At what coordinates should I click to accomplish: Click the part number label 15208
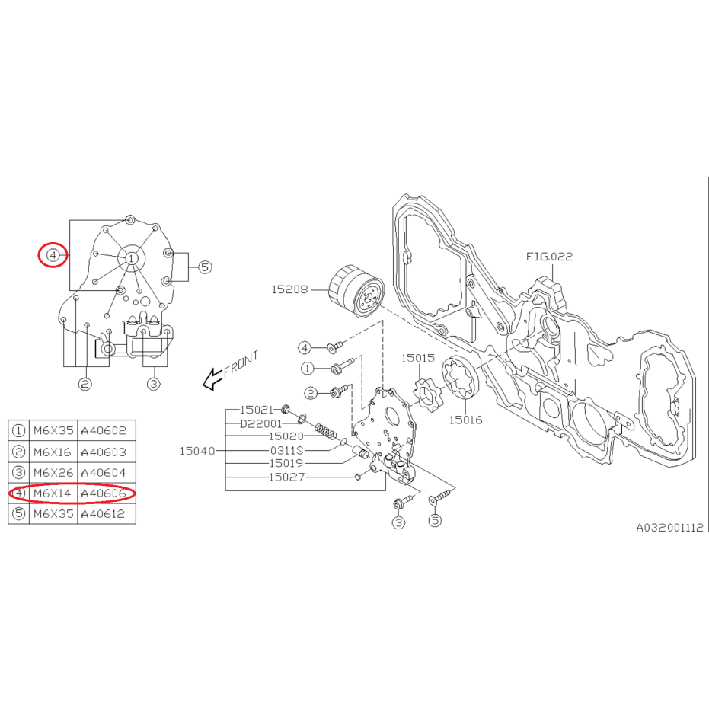coord(289,289)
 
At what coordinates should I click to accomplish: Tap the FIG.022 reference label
coord(549,257)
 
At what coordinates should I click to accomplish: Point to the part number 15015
coord(417,358)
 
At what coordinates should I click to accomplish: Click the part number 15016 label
coord(465,419)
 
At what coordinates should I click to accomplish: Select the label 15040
coord(197,451)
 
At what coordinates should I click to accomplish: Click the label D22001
coord(260,423)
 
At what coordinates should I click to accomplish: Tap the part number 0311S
coord(286,450)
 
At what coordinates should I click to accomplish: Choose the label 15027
coord(286,477)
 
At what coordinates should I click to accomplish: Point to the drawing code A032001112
coord(670,527)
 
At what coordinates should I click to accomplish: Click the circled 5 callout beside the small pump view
coord(205,267)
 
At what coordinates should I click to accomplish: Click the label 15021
coord(256,410)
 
